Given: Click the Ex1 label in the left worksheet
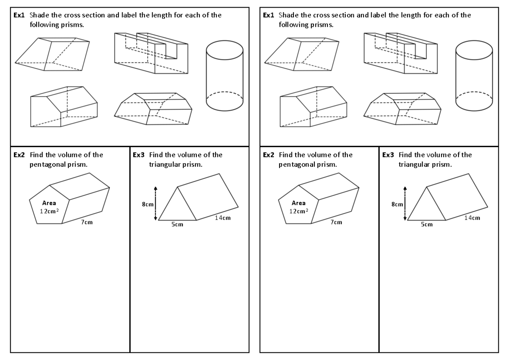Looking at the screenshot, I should coord(19,15).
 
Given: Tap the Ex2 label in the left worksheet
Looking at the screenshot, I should coord(19,155).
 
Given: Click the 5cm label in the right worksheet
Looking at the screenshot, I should coord(427,225).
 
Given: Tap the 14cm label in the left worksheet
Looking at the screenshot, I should coord(223,218).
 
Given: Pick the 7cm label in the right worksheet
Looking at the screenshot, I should coord(336,222).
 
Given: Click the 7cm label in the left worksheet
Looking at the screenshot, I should coord(87,222).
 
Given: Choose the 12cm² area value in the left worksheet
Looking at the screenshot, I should coord(50,211).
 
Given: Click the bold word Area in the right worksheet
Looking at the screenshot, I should coord(299,203).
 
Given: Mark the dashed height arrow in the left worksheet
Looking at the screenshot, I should coord(156,204).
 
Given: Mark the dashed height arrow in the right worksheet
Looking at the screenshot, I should coord(405,204).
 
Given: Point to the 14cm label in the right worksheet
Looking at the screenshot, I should coord(472,218).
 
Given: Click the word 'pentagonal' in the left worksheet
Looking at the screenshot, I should coord(45,164).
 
